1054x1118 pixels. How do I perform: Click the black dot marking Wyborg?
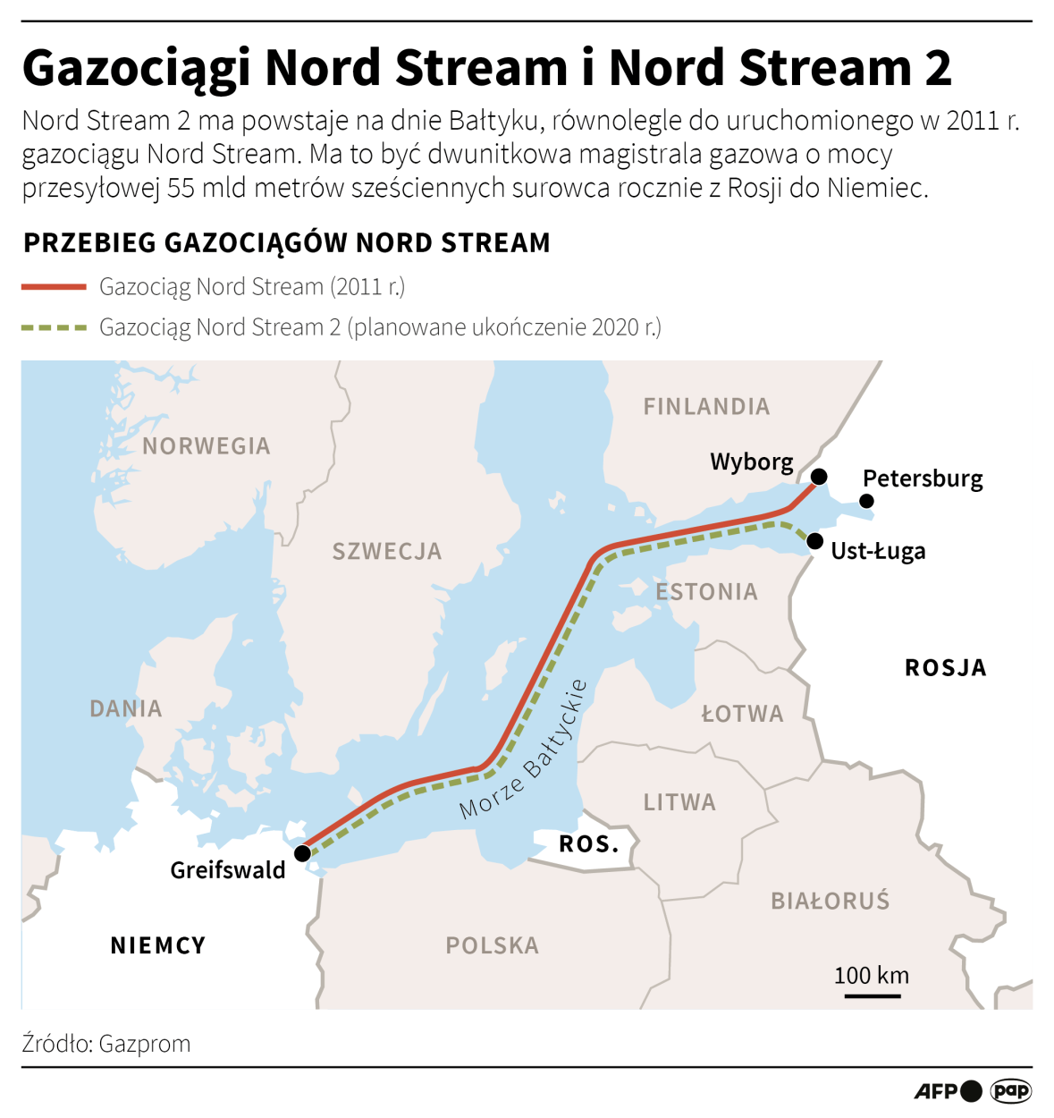pos(819,476)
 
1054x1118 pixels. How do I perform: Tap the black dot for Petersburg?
pos(866,501)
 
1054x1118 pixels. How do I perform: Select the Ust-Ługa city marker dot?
pos(814,541)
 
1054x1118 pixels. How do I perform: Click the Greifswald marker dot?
pos(302,853)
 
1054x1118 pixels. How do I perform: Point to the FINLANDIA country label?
pos(706,407)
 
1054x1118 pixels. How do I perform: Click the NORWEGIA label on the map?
pos(206,446)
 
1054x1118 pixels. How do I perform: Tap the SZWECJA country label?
pos(387,552)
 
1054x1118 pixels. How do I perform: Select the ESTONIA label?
pos(706,592)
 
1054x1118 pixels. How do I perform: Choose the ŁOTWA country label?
pos(742,714)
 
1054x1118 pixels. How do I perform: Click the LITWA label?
pos(679,802)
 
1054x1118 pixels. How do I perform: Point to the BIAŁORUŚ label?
pos(831,901)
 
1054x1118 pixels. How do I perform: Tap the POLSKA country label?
pos(492,945)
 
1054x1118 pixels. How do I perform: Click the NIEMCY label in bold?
pos(158,945)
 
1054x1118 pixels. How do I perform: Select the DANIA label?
pos(126,709)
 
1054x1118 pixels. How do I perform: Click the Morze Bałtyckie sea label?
pos(523,750)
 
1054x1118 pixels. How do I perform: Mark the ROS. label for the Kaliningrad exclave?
pos(589,844)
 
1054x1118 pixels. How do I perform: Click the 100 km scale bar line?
pos(872,995)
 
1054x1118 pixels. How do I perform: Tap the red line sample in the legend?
pos(54,287)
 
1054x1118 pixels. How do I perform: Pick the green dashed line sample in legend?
pos(54,327)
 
